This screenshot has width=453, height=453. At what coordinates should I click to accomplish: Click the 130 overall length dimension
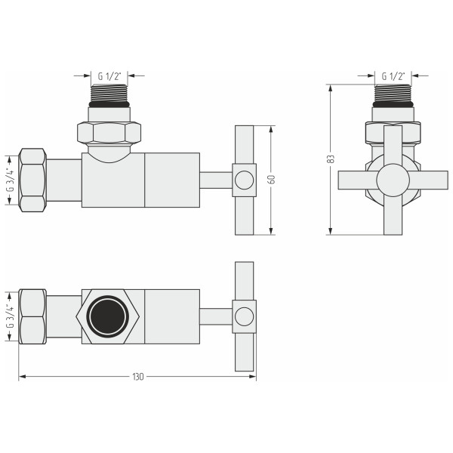137,377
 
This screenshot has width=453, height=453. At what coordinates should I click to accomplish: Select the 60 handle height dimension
270,180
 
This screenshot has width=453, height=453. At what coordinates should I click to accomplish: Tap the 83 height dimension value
331,159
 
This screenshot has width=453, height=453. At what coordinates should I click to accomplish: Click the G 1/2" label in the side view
109,75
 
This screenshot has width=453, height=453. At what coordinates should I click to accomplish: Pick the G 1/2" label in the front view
393,75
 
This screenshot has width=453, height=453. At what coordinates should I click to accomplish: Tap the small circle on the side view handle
244,180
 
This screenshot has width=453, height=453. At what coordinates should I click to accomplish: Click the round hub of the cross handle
393,180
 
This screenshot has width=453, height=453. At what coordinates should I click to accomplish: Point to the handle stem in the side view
215,180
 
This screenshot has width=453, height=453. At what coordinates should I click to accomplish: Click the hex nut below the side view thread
109,132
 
